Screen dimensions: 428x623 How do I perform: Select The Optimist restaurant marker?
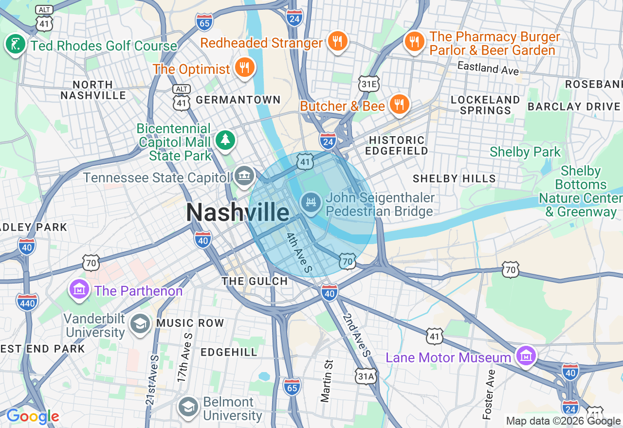[244, 67]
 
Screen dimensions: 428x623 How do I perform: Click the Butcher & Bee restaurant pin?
[399, 105]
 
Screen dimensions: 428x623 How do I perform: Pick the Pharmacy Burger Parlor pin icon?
[414, 42]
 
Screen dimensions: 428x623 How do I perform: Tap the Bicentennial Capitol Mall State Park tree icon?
[225, 140]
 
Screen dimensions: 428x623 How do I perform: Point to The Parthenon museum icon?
[79, 289]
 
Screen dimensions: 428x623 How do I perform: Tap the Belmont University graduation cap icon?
[188, 408]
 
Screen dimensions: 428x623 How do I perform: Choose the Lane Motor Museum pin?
[526, 356]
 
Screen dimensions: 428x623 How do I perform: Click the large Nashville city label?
[238, 213]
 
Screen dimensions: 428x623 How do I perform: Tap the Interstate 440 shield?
[27, 302]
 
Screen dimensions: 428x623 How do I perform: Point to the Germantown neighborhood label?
[238, 100]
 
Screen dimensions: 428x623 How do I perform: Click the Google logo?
[32, 416]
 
